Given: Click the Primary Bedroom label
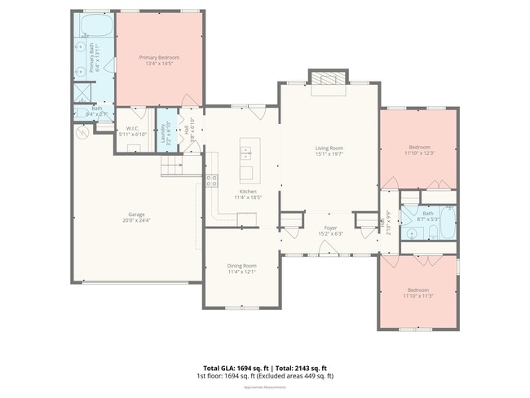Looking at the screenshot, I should (159, 57).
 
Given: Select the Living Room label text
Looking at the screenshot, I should (329, 148).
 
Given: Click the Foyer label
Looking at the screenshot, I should (330, 228).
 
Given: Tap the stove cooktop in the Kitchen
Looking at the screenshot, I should (211, 181).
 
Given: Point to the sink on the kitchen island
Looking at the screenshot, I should (246, 150).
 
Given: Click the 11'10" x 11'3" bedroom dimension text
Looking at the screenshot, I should (417, 296).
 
